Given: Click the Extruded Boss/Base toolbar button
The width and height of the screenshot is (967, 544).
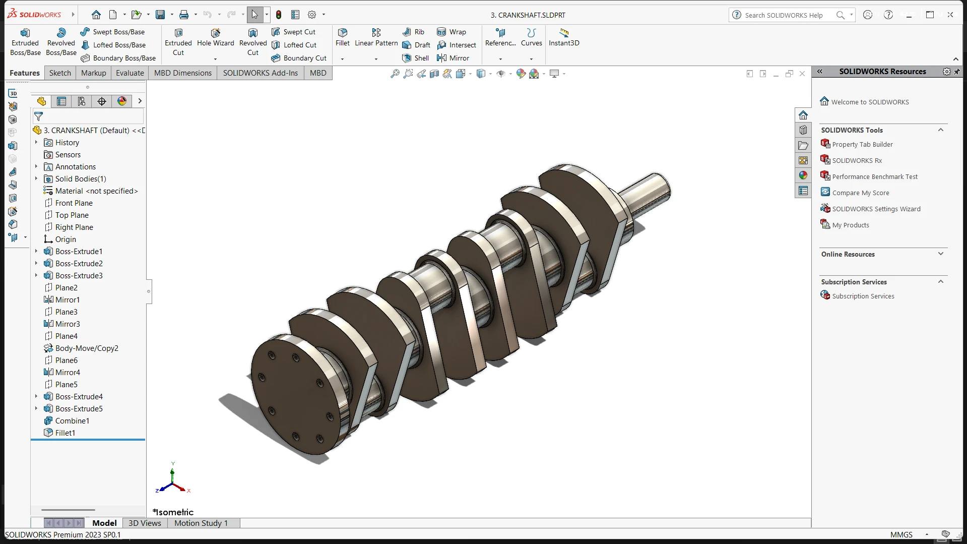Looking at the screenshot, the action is pos(25,42).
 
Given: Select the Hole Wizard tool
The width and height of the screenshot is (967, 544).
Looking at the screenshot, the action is pos(215,38).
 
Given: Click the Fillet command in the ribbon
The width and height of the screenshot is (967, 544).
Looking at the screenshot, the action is pos(343,38).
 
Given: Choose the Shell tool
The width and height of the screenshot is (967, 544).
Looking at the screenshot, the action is pos(416,58).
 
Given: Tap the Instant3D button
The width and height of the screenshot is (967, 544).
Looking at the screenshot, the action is pos(564,38).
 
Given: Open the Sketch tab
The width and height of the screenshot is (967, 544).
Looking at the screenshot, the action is pos(60,73).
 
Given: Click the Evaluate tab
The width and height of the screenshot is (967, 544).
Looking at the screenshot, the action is pos(130,73).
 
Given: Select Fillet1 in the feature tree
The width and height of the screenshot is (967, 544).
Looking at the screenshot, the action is pos(65,433).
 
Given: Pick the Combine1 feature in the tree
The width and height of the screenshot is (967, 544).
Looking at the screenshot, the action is pos(72,420).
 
